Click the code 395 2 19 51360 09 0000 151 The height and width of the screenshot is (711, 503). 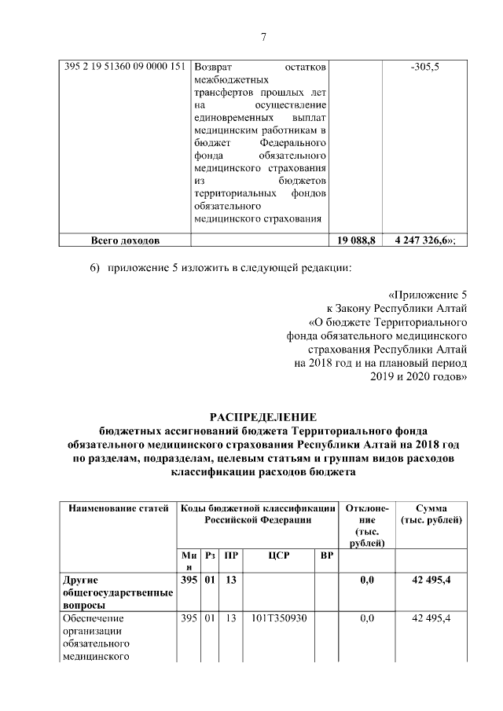pos(123,68)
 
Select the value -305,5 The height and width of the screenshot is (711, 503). pos(424,68)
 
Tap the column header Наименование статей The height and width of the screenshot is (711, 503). pos(119,508)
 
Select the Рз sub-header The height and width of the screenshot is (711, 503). pos(210,555)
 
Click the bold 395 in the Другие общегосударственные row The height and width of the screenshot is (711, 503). pos(189,581)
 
